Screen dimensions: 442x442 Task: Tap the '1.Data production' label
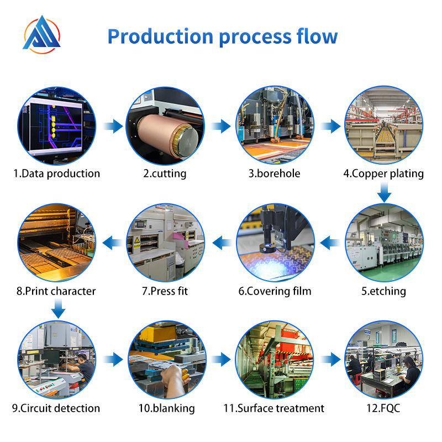pos(57,173)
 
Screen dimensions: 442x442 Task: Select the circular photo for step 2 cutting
pos(165,126)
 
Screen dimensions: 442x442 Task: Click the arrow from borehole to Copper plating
pos(331,127)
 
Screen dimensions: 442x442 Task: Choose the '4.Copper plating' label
pos(383,173)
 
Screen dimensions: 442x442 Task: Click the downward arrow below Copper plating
pos(385,193)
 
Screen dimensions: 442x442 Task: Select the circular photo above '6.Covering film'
pos(275,243)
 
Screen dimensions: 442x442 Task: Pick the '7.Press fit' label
pos(165,291)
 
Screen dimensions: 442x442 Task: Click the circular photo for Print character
pos(57,243)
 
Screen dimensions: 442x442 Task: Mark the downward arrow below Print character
pos(57,310)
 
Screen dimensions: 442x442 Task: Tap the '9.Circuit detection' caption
pos(57,409)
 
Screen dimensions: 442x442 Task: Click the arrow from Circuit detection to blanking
pos(113,360)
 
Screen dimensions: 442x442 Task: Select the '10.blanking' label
pos(166,409)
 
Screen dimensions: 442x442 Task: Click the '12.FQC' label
pos(383,409)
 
